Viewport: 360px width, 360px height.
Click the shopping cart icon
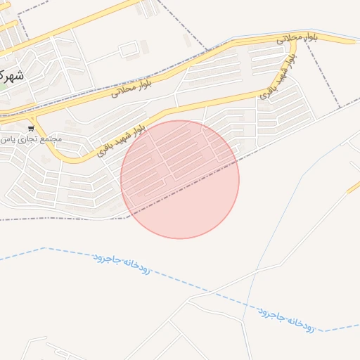tap(31, 129)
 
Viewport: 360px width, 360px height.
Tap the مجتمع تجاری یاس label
tap(31, 139)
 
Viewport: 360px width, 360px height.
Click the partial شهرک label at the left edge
tap(11, 75)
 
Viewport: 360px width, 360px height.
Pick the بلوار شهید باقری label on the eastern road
tap(276, 80)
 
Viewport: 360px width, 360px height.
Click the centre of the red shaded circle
tap(180, 179)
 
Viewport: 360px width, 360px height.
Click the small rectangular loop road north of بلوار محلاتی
tap(128, 50)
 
